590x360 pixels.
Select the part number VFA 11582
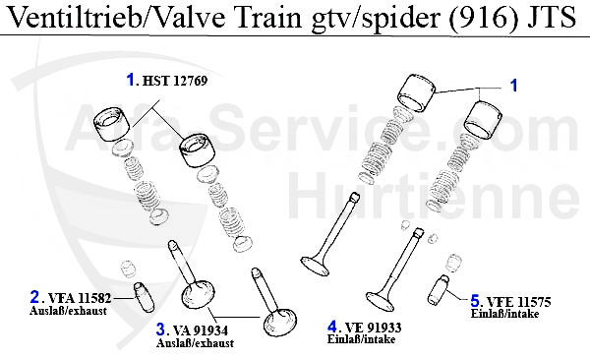[82, 297]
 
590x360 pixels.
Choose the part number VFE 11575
[516, 301]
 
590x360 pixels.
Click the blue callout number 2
[35, 296]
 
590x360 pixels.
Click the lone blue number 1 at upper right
[512, 87]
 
